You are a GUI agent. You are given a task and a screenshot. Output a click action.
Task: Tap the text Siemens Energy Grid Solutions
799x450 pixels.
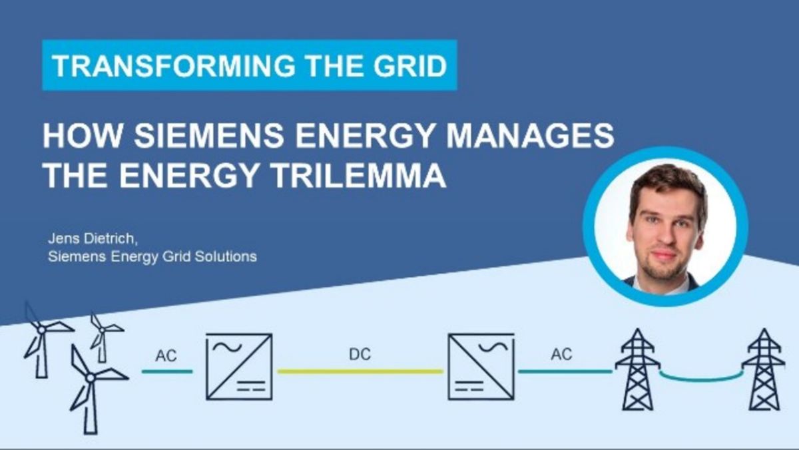click(x=152, y=256)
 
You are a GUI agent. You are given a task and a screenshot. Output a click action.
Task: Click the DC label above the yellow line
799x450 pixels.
click(x=360, y=355)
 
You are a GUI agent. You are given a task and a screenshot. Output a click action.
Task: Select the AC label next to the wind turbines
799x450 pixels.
click(x=166, y=355)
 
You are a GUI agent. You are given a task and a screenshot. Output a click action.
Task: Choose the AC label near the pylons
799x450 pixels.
click(x=561, y=355)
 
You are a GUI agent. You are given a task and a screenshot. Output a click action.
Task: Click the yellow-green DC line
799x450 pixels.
click(x=360, y=371)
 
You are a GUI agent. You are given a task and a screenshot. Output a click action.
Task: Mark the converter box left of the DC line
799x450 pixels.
click(x=239, y=366)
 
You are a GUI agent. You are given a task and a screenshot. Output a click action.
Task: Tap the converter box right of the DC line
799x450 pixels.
click(x=481, y=366)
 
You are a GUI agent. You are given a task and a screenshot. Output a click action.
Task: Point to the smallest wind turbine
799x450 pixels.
click(x=104, y=332)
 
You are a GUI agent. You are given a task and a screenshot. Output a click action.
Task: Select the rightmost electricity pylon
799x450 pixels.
click(x=763, y=369)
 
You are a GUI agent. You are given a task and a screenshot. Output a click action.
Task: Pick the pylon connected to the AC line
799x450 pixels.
click(x=637, y=369)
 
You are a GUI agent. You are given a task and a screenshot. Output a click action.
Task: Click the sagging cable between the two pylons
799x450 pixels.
click(x=700, y=379)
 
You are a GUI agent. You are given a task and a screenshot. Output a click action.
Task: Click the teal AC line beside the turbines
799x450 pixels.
click(x=167, y=371)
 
